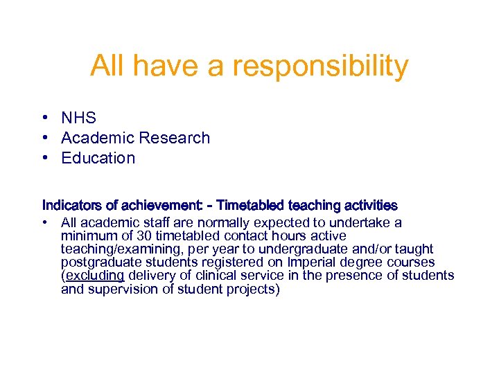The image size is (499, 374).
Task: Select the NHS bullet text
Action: (78, 118)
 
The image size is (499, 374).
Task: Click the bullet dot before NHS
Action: (44, 118)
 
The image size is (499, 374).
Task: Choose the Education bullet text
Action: (98, 158)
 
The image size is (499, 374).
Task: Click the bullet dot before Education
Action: (44, 158)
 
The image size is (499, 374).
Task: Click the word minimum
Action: (85, 235)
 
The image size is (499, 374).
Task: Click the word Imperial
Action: (312, 262)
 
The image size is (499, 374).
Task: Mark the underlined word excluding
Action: (94, 276)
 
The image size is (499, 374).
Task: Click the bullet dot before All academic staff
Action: (44, 222)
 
